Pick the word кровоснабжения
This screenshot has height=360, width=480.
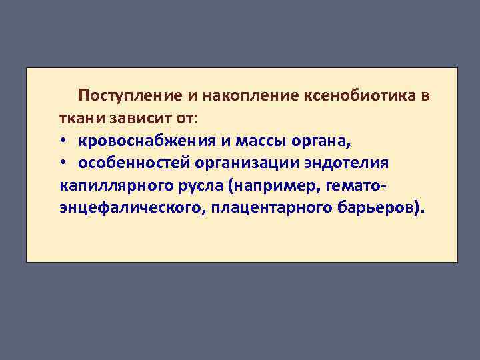[x=146, y=141]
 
